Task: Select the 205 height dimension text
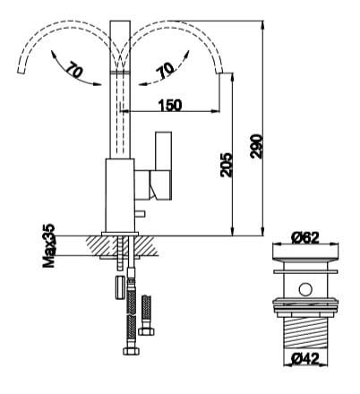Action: click(227, 163)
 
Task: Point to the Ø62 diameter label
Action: click(305, 238)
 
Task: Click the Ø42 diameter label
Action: click(305, 359)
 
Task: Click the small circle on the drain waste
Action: click(305, 288)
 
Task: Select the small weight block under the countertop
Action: click(119, 287)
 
